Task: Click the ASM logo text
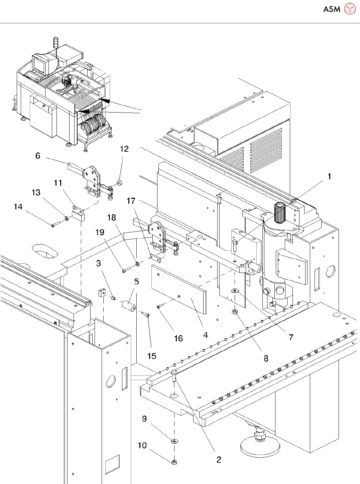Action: [332, 9]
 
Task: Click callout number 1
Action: [329, 176]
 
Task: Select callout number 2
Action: [219, 460]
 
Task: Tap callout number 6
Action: [38, 156]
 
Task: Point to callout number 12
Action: [124, 149]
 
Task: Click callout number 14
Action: [18, 207]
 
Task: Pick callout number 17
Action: [131, 201]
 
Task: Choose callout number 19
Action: [100, 232]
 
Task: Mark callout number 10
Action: [142, 445]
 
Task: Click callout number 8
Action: [266, 358]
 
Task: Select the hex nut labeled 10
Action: [174, 462]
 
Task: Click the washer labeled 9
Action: [174, 441]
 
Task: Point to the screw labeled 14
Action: [55, 225]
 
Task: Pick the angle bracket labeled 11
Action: [78, 213]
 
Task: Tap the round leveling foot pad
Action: [260, 446]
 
